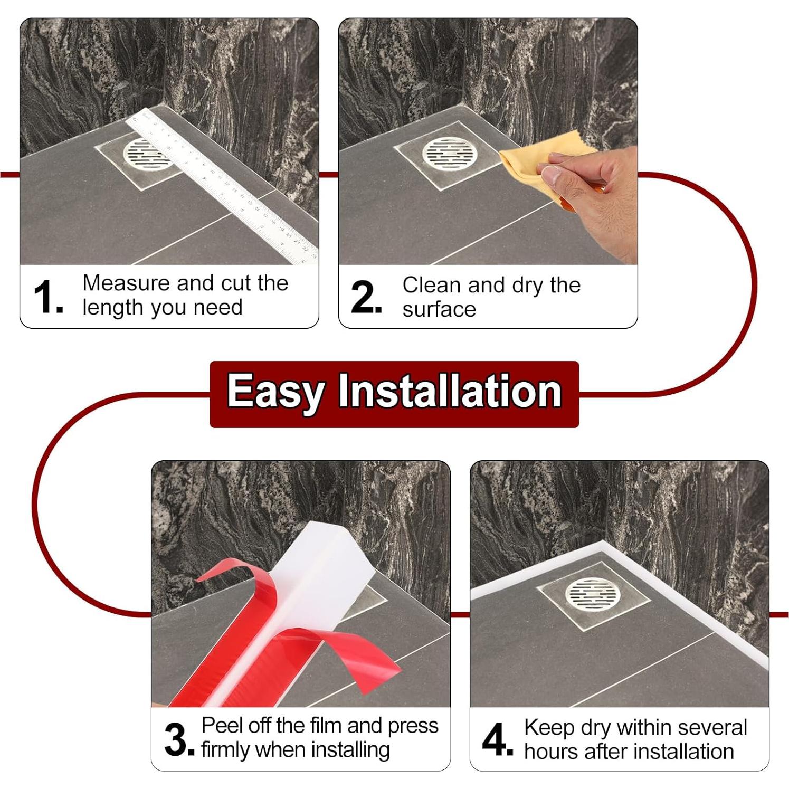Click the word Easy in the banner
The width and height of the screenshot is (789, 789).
275,392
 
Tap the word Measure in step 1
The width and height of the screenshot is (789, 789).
126,283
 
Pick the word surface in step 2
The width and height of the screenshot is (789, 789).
439,309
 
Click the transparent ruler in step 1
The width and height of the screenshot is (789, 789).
222,185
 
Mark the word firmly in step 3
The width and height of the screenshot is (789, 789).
226,750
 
